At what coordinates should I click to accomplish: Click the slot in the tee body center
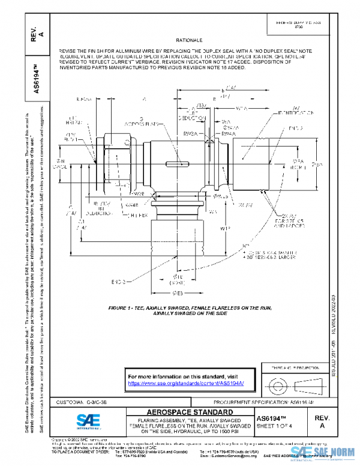point(180,164)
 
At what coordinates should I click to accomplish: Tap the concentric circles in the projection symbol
point(276,383)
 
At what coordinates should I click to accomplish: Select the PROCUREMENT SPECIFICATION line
point(265,400)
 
